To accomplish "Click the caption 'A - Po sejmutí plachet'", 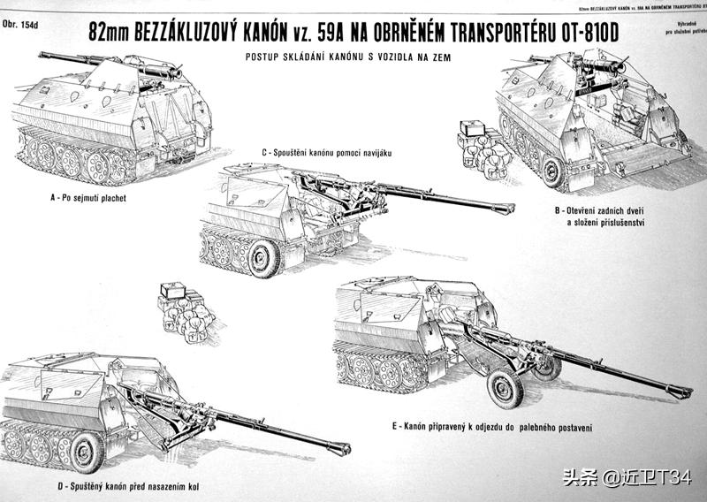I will pos(88,198).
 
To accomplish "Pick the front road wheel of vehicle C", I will pos(262,258).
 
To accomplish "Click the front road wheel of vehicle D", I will pos(86,452).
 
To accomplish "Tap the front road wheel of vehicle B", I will pos(554,170).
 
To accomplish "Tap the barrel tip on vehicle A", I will pos(42,56).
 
